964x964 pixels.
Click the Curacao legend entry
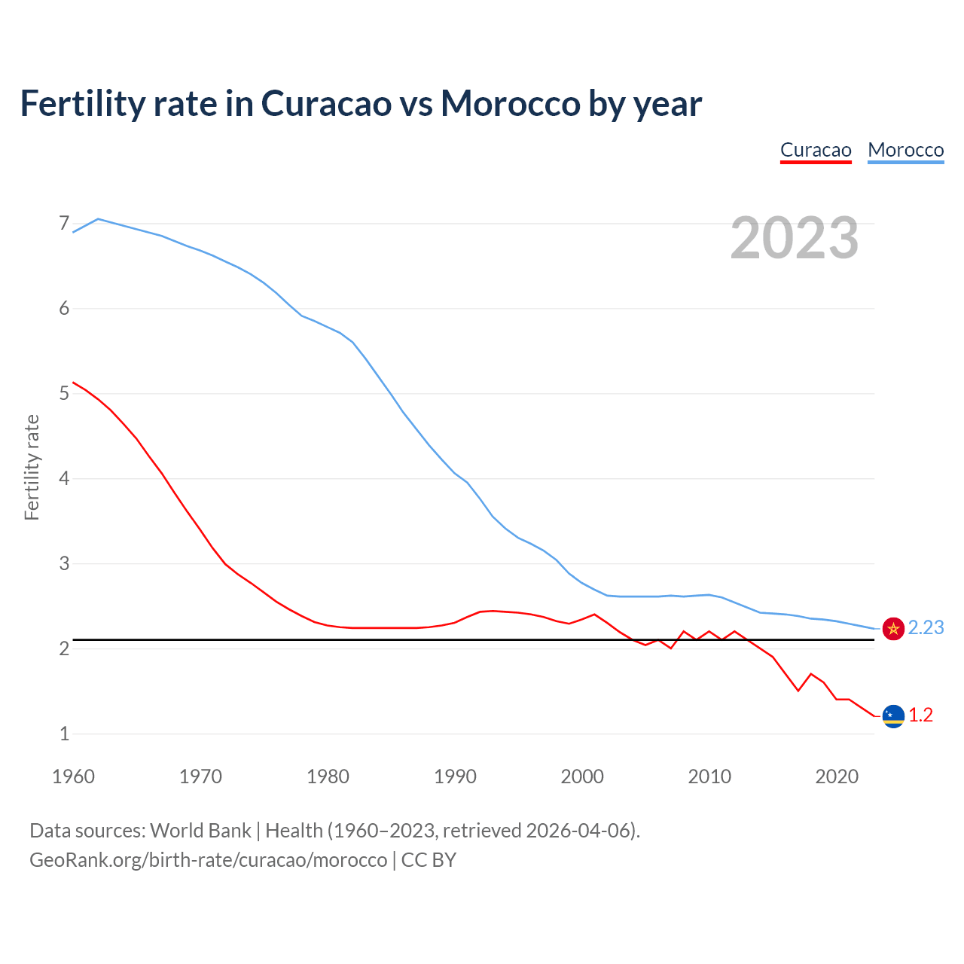816,150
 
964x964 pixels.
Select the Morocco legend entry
905,150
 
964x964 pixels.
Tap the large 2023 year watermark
795,238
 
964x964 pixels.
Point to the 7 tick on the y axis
64,224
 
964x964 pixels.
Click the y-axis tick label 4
64,478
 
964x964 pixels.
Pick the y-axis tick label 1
64,734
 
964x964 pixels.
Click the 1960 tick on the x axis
73,776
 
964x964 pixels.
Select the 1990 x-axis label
455,776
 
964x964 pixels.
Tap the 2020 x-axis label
837,776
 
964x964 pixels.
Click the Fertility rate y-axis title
32,467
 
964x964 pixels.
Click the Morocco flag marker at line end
893,628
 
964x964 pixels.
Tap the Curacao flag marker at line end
893,715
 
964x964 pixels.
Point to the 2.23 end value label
926,628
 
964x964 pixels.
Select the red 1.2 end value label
920,715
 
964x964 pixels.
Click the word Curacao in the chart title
326,103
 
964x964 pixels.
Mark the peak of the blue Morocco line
98,218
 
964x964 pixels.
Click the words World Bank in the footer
200,831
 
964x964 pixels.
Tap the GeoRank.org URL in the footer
208,860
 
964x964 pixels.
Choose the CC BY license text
429,860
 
